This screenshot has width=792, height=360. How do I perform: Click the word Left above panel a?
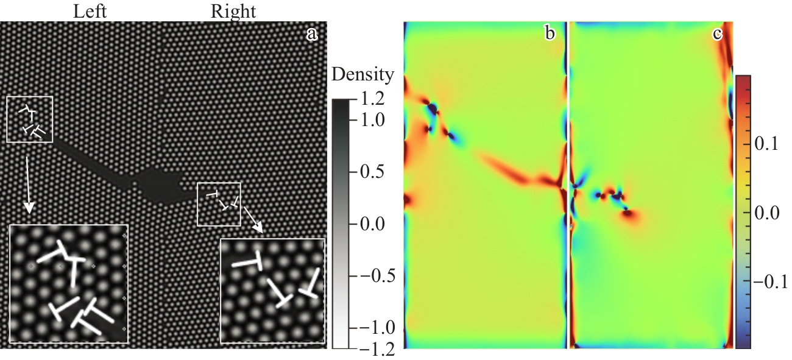click(90, 10)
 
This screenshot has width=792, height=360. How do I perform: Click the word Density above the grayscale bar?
click(363, 76)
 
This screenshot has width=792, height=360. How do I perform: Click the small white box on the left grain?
click(30, 119)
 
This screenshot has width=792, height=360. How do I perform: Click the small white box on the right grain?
click(219, 203)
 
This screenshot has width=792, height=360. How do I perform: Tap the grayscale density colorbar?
click(341, 224)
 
